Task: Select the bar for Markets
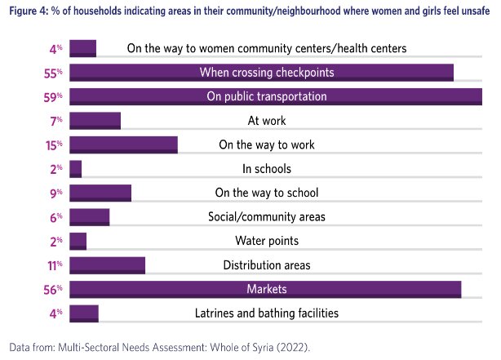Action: (265, 290)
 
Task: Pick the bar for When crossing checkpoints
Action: (261, 73)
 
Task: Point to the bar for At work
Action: (95, 121)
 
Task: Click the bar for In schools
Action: (76, 169)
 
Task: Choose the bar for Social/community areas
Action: (90, 217)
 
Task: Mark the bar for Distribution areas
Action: (107, 265)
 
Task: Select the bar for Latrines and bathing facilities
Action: (84, 313)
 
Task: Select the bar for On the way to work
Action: (123, 145)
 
